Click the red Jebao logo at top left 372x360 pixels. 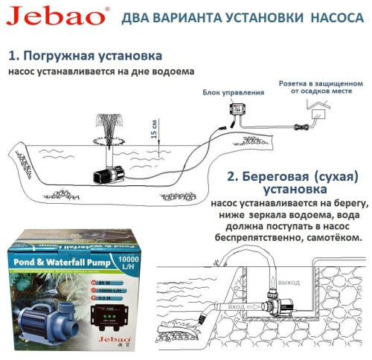[48, 17]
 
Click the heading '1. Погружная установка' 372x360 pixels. [86, 56]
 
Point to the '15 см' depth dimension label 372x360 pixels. [153, 129]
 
